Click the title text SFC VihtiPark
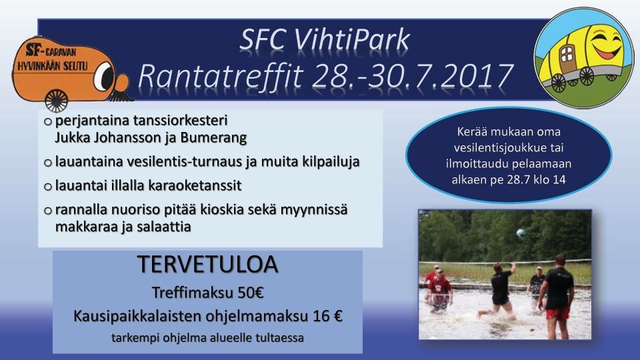[x=325, y=40]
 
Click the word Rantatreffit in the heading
[x=221, y=76]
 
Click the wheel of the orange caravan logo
[x=56, y=101]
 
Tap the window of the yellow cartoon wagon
[x=567, y=53]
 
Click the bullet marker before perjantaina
[x=48, y=121]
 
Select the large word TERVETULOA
[x=208, y=265]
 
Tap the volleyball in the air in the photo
[x=521, y=233]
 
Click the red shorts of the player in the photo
[x=558, y=313]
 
